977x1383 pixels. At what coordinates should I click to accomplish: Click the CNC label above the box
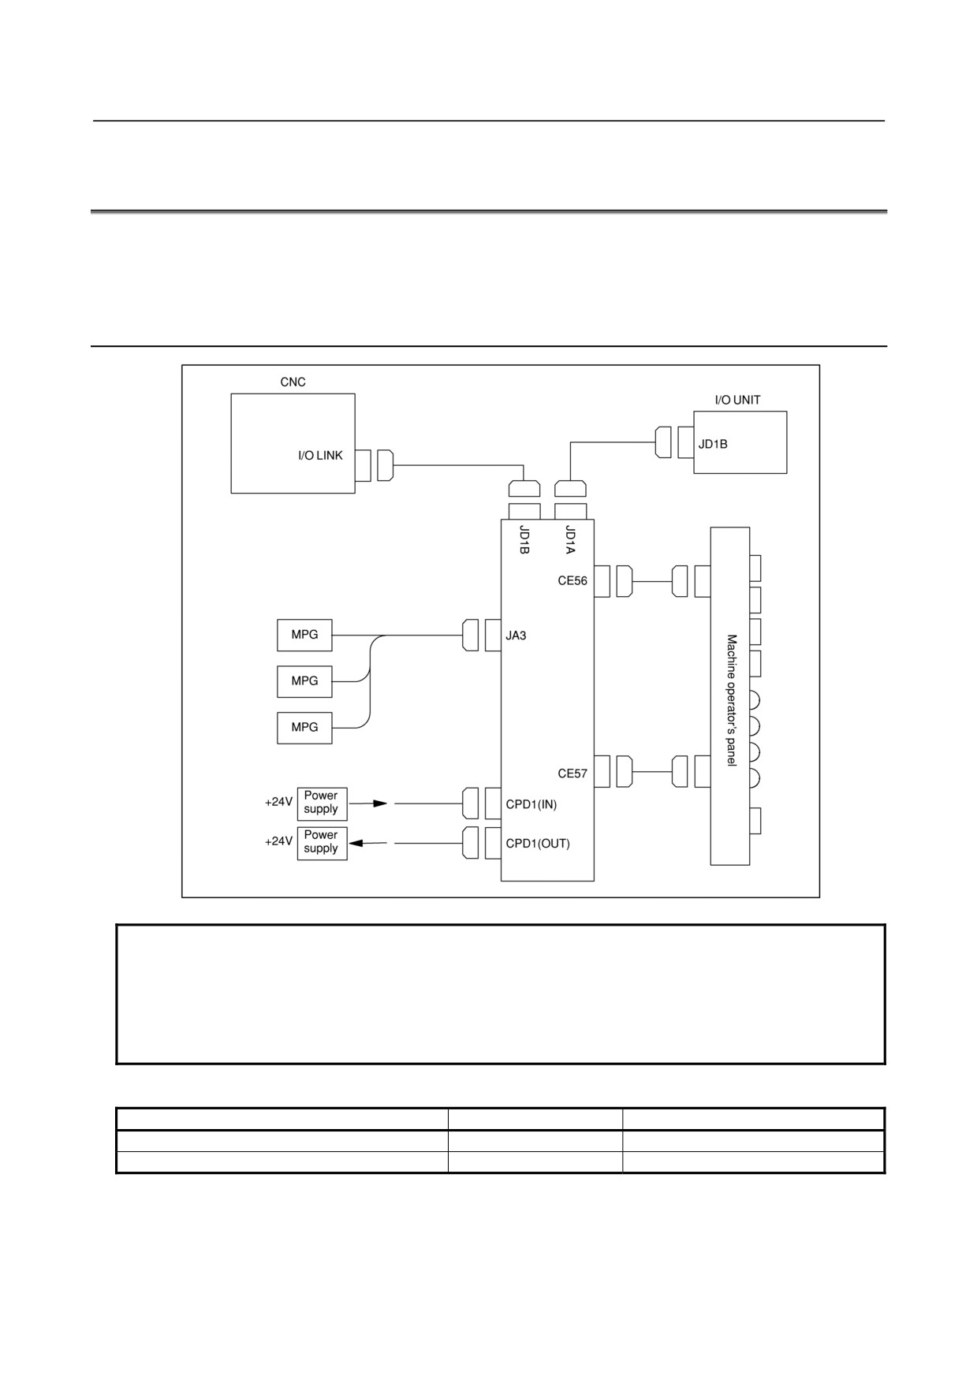[x=293, y=382]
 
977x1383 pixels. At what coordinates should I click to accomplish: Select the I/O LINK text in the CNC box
[x=320, y=456]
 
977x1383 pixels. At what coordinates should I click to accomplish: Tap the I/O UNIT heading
[x=737, y=401]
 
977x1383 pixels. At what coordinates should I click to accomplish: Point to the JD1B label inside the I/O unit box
[x=713, y=444]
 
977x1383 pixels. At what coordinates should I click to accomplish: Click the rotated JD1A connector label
[x=570, y=539]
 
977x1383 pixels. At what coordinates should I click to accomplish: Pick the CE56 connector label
[x=572, y=581]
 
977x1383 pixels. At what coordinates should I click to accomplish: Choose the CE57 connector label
[x=572, y=774]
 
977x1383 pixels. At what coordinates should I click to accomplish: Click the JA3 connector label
[x=516, y=636]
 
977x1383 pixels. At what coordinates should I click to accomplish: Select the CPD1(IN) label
[x=531, y=805]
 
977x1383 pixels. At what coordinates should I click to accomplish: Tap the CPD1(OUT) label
[x=538, y=844]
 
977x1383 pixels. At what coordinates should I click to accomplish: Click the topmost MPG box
[x=304, y=636]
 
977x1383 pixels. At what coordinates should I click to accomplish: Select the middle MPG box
[x=304, y=681]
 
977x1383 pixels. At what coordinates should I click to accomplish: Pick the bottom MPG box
[x=304, y=728]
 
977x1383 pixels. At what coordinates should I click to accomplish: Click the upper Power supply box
[x=322, y=803]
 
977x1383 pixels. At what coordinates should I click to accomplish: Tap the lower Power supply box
[x=322, y=843]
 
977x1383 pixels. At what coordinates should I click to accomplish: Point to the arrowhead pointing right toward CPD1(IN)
[x=381, y=804]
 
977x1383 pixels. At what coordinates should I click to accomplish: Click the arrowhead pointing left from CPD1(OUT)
[x=356, y=844]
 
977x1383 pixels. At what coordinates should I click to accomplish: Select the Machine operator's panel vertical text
[x=732, y=700]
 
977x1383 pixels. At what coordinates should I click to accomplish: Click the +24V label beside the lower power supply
[x=278, y=842]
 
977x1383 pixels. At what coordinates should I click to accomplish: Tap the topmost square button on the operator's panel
[x=755, y=568]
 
